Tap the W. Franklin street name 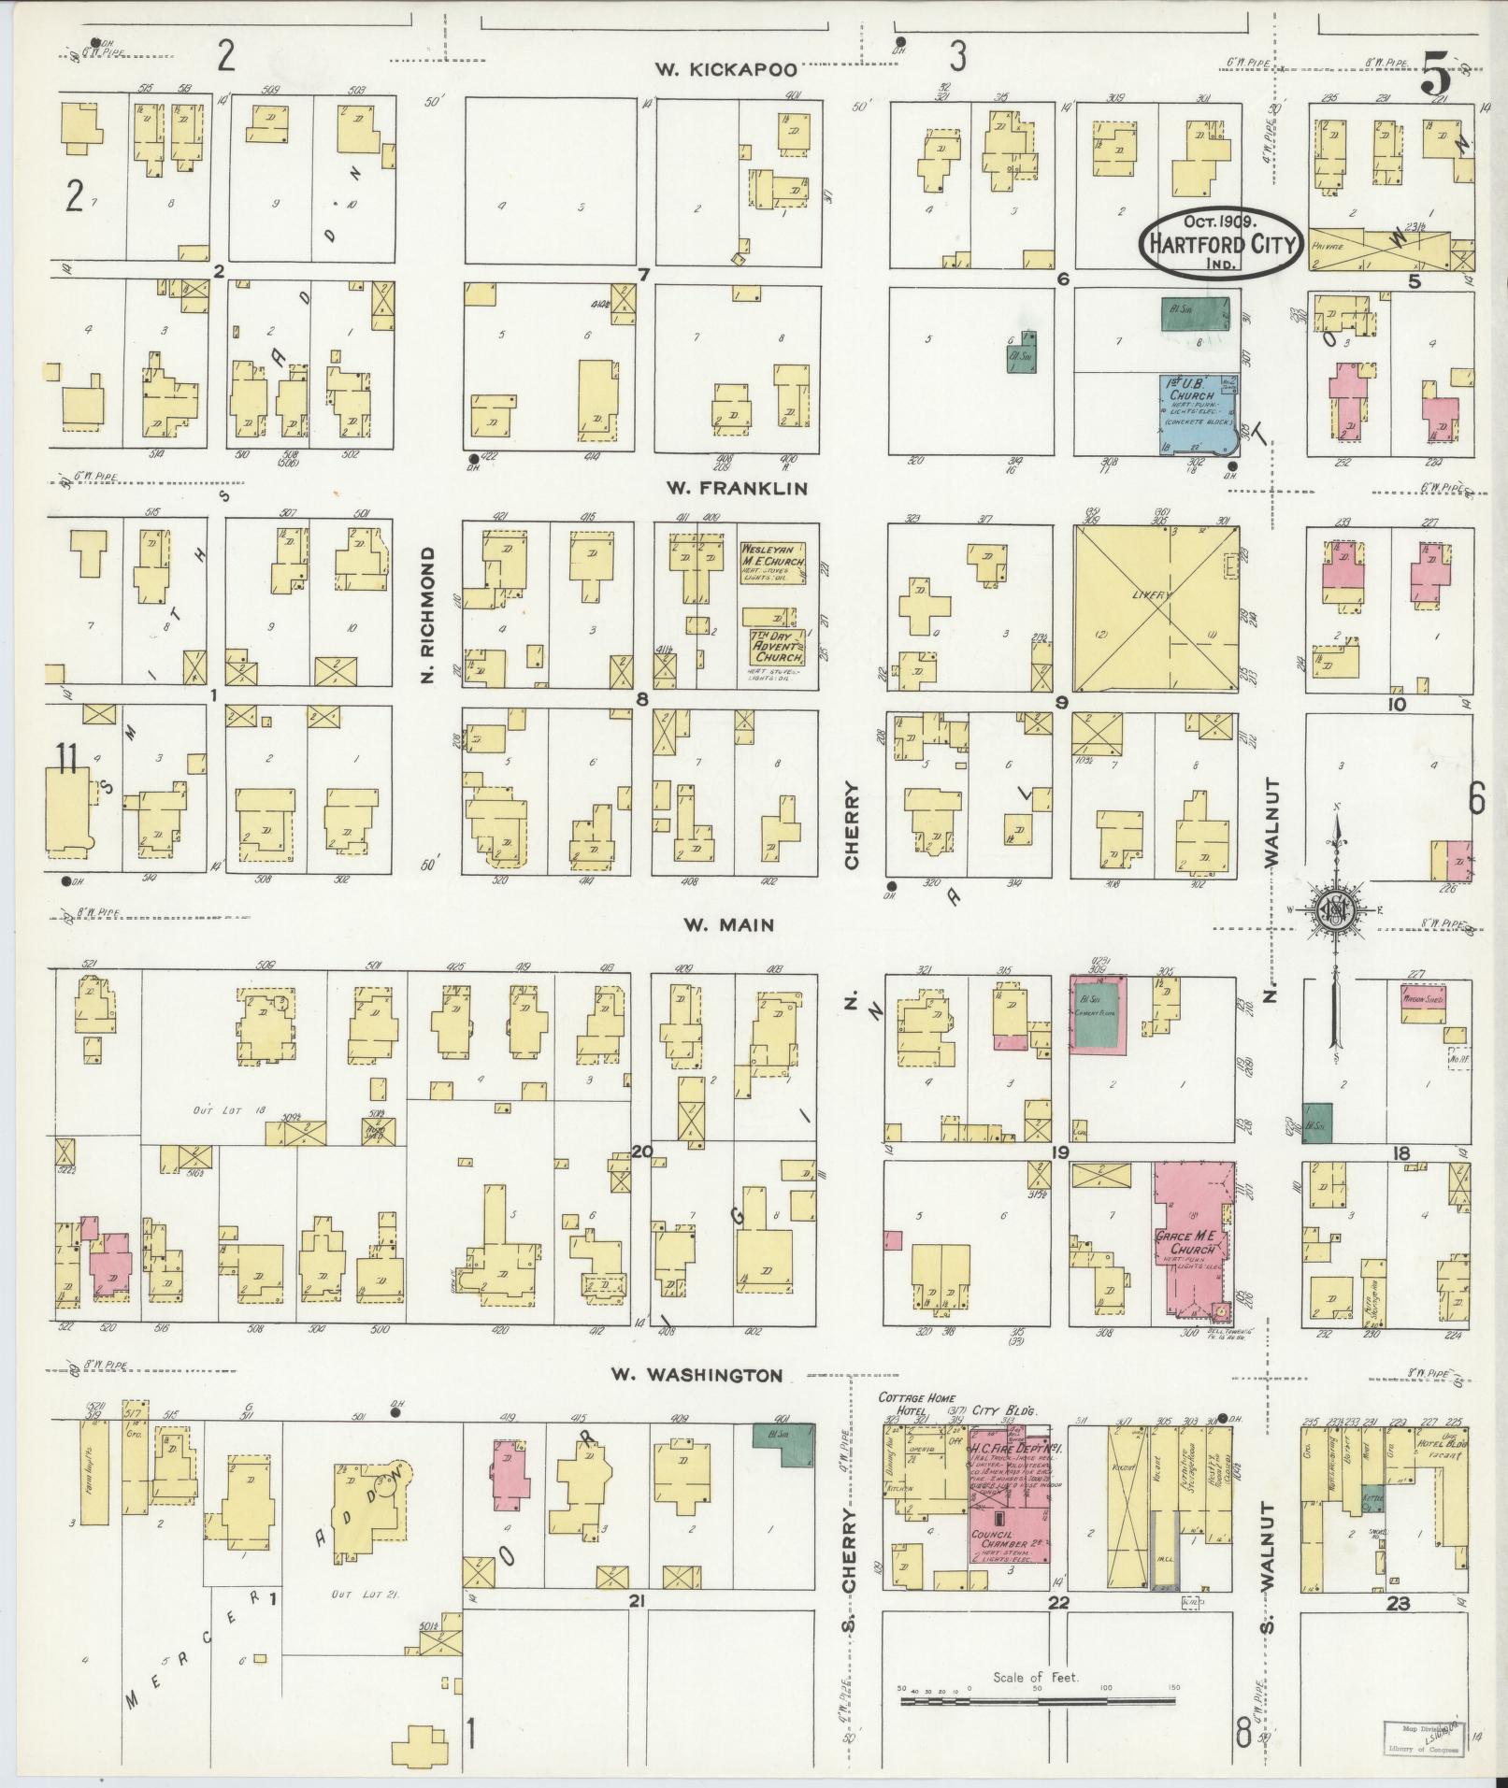point(736,488)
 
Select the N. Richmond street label point(429,614)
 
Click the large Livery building point(1156,607)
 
